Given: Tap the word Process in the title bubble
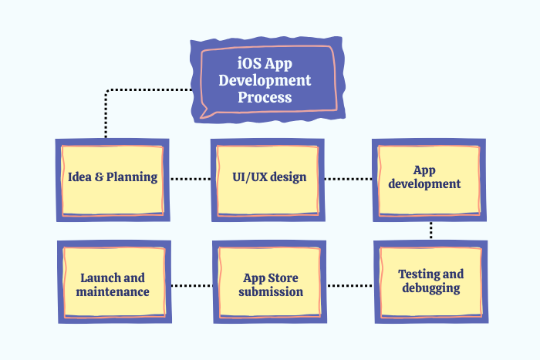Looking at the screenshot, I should pyautogui.click(x=265, y=97).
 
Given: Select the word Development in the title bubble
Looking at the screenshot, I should pyautogui.click(x=265, y=80).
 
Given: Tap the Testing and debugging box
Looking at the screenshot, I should pyautogui.click(x=430, y=281).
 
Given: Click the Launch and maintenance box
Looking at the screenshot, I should pyautogui.click(x=113, y=284).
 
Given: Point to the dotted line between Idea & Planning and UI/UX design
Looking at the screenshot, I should pyautogui.click(x=190, y=178).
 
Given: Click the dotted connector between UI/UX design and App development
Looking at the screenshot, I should pyautogui.click(x=348, y=178).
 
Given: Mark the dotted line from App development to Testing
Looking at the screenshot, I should pyautogui.click(x=430, y=230).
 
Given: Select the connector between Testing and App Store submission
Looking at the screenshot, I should pyautogui.click(x=350, y=285).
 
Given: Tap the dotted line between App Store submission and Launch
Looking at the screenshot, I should pyautogui.click(x=191, y=285).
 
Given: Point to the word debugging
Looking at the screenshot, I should pyautogui.click(x=430, y=288).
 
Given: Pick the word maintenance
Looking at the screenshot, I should pyautogui.click(x=113, y=292).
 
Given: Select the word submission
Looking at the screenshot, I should pyautogui.click(x=270, y=292).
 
